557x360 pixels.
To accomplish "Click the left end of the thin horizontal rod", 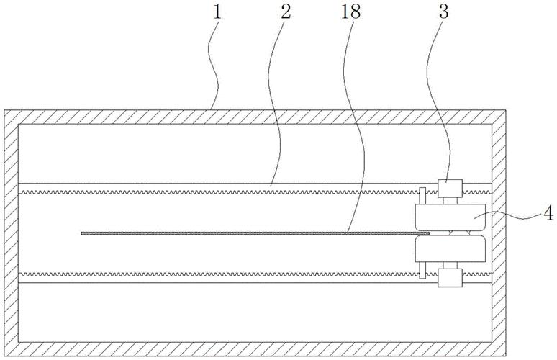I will coord(83,233).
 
